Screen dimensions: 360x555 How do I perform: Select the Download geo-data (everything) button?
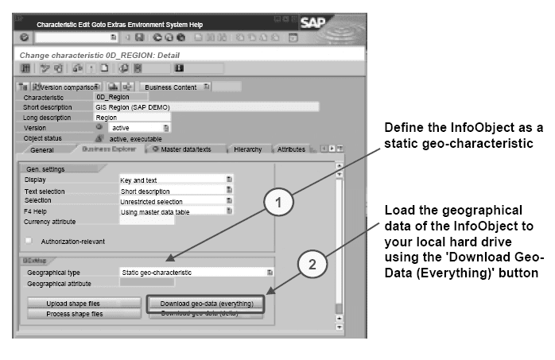(207, 303)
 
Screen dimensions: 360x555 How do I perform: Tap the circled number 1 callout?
(277, 203)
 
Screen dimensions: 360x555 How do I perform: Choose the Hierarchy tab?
(247, 149)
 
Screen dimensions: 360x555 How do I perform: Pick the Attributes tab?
(291, 149)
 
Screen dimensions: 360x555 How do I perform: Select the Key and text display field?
(171, 180)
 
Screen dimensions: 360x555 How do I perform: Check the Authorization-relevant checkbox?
(29, 240)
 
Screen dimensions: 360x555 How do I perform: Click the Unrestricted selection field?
(171, 201)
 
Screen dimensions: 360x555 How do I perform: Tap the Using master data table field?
(171, 211)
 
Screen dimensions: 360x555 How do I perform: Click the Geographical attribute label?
(59, 283)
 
